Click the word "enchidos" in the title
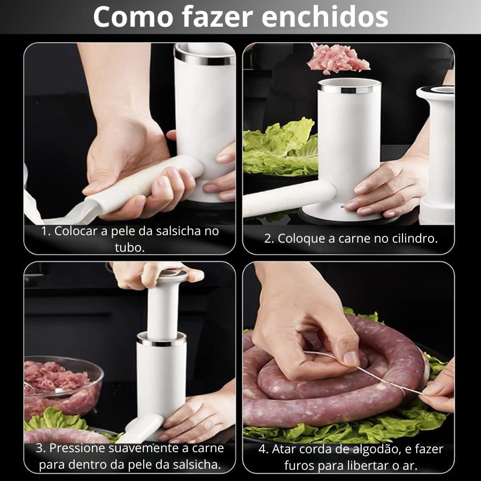pos(325,17)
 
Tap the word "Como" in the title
pos(134,17)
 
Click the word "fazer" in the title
pos(218,17)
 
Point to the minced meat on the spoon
pos(338,59)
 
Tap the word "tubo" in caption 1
pos(129,248)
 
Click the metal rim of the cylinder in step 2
pos(350,89)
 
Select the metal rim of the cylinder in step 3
pos(161,340)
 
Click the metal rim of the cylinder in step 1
pos(204,58)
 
